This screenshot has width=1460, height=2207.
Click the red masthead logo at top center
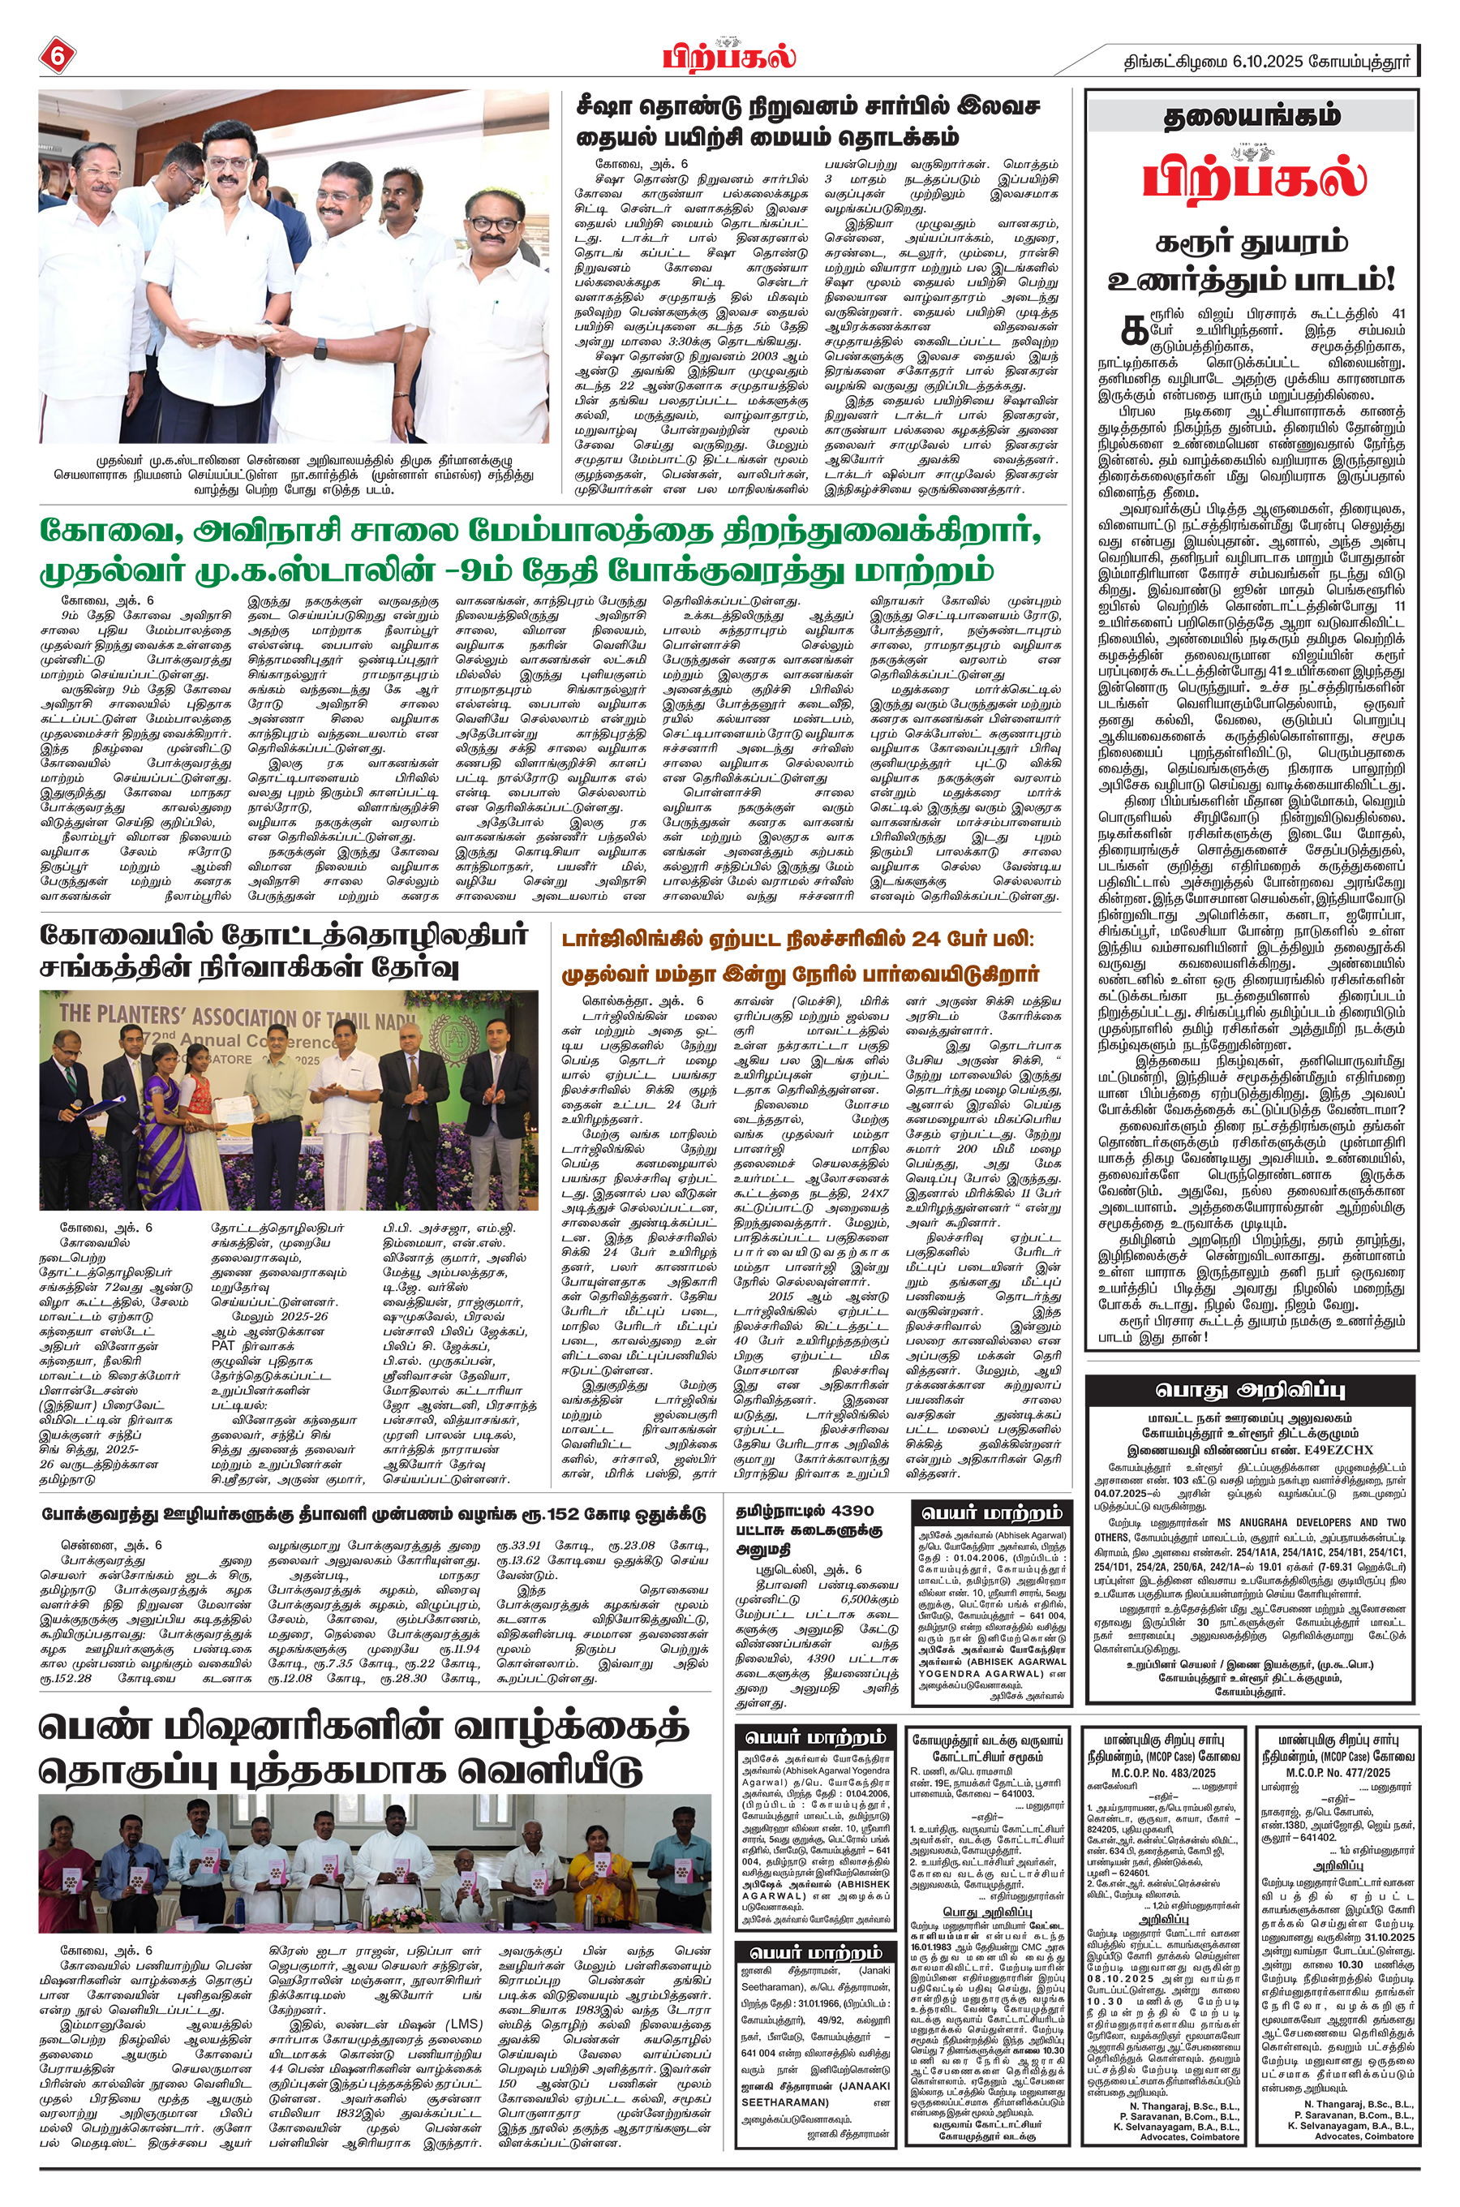point(730,55)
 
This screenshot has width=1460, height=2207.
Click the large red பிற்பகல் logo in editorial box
point(1252,178)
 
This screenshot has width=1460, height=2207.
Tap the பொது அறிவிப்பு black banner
point(1252,1392)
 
